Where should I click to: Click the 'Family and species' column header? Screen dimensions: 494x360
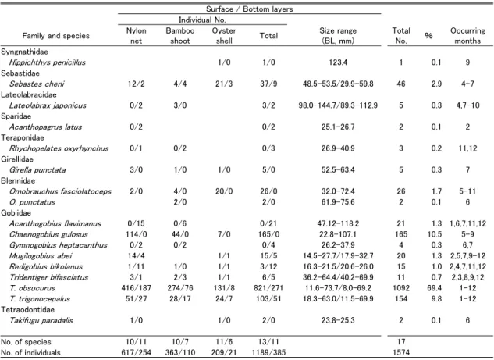pyautogui.click(x=55, y=36)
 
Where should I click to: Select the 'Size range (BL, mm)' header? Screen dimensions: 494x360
pyautogui.click(x=338, y=36)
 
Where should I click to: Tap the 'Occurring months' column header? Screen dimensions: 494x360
pyautogui.click(x=467, y=36)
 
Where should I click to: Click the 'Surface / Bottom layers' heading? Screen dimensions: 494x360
pyautogui.click(x=249, y=9)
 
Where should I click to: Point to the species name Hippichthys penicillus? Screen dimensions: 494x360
pyautogui.click(x=48, y=62)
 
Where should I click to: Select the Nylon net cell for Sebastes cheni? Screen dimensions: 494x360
pyautogui.click(x=136, y=84)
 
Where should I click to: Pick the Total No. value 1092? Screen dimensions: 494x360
pyautogui.click(x=401, y=288)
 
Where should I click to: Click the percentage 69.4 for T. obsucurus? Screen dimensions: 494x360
pyautogui.click(x=436, y=288)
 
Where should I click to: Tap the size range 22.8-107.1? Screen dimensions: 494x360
pyautogui.click(x=338, y=234)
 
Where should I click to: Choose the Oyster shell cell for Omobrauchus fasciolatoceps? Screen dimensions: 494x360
pyautogui.click(x=224, y=191)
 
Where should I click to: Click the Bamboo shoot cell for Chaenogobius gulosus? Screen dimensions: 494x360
pyautogui.click(x=180, y=234)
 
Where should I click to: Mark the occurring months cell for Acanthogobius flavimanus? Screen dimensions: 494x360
pyautogui.click(x=467, y=224)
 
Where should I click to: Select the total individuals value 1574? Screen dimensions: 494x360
pyautogui.click(x=401, y=352)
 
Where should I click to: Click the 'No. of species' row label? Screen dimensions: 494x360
pyautogui.click(x=26, y=342)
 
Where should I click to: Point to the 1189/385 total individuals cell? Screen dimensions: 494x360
pyautogui.click(x=268, y=352)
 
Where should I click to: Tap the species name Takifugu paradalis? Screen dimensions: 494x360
pyautogui.click(x=41, y=320)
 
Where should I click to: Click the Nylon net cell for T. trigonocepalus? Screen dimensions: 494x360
pyautogui.click(x=136, y=299)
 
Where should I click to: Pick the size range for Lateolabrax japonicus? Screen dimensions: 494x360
pyautogui.click(x=338, y=105)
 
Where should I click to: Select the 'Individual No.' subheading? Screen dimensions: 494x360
pyautogui.click(x=202, y=20)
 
